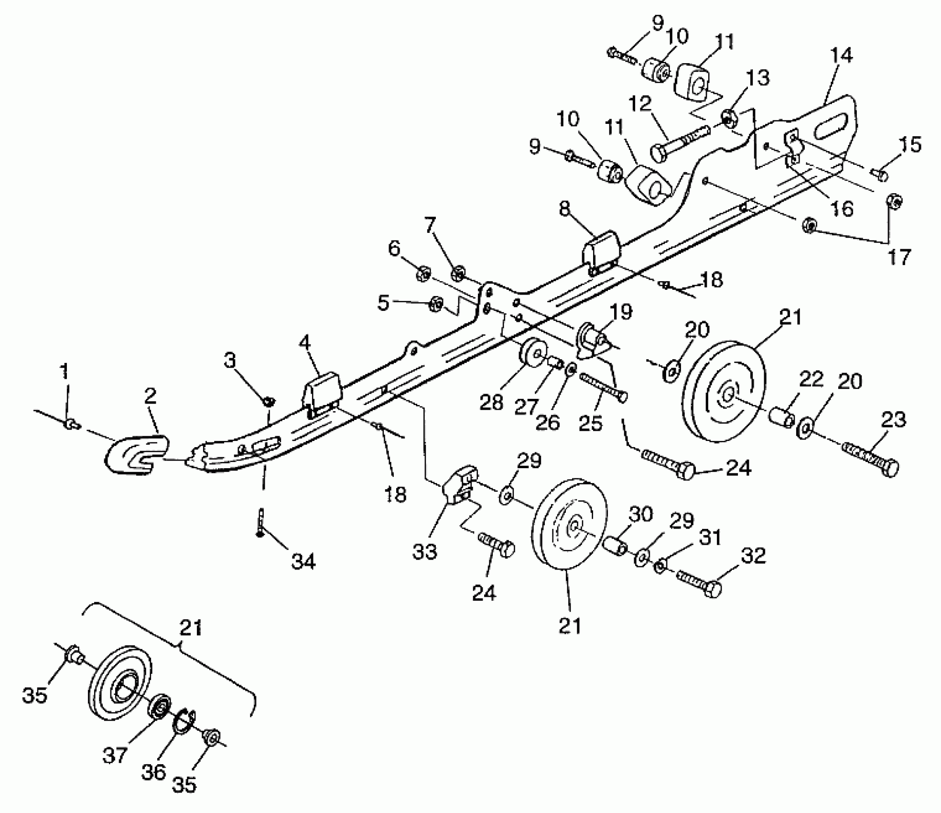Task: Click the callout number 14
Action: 841,55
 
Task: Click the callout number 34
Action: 304,561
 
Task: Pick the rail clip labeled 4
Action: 322,394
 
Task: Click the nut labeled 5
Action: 435,303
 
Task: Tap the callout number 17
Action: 900,257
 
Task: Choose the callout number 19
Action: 621,311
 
